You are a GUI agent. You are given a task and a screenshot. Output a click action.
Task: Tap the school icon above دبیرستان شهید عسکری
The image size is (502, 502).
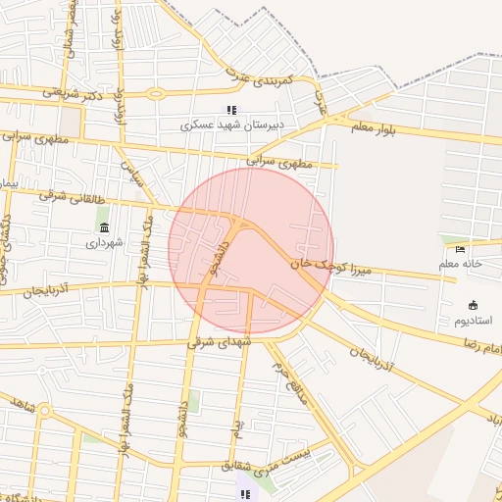point(231,110)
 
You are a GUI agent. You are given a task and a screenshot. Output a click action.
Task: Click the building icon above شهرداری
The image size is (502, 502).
point(104,227)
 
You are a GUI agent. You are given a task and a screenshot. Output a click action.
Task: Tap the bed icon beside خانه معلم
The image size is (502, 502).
point(461,250)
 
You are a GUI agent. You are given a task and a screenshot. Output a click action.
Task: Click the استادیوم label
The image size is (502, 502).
point(474,320)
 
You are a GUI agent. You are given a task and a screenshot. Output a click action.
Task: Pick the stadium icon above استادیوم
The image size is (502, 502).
point(474,305)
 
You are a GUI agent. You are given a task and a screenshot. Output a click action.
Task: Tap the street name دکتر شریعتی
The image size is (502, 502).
point(75,93)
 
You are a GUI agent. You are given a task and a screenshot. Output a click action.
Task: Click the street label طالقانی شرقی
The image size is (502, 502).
point(69,196)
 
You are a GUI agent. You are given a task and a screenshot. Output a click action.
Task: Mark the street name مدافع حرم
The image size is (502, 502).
point(291,382)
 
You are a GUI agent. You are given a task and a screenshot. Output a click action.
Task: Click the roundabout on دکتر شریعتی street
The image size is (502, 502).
point(155,94)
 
